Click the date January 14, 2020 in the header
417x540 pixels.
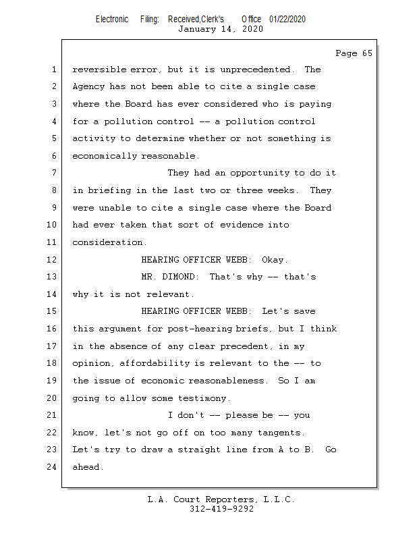tap(221, 29)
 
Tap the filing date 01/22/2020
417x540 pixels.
tap(287, 19)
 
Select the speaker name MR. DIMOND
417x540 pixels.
tap(170, 277)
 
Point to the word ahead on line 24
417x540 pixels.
tap(88, 466)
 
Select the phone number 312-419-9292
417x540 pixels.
tap(221, 509)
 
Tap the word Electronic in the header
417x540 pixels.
tap(111, 19)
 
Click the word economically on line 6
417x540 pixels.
tap(104, 156)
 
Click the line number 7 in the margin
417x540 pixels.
tap(54, 173)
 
